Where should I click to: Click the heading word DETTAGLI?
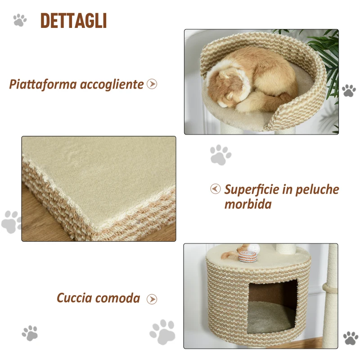click(73, 21)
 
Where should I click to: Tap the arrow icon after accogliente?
click(152, 84)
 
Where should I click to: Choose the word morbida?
click(248, 204)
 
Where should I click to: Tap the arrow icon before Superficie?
click(216, 189)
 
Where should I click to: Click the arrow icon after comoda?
click(152, 299)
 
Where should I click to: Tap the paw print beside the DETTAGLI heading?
click(20, 20)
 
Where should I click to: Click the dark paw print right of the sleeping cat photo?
click(349, 90)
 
